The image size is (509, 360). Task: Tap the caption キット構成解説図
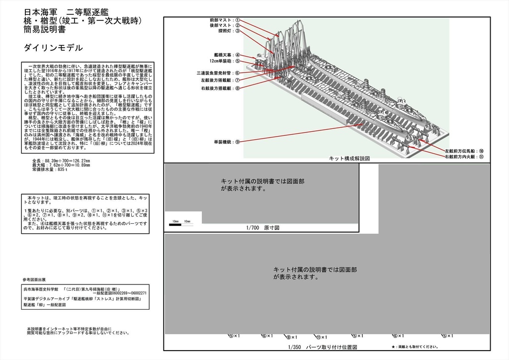point(462,151)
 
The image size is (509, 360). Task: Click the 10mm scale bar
point(462,157)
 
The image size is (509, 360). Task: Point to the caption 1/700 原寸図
point(349,158)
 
